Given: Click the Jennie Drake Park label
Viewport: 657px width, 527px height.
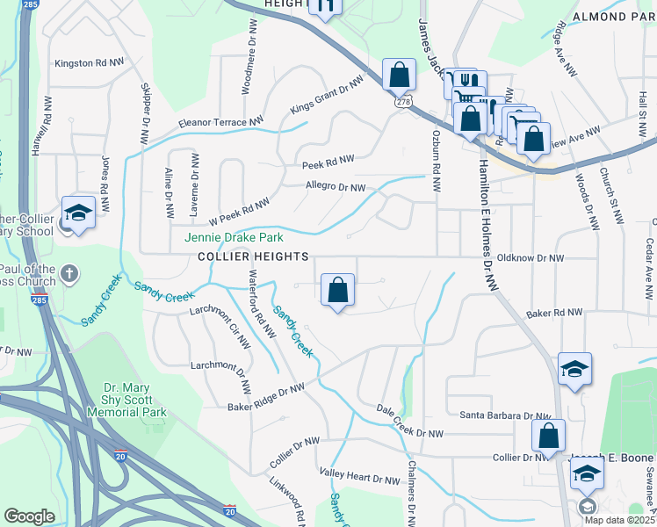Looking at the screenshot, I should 233,237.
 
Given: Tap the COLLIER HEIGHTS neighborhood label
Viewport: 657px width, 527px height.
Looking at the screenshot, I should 253,256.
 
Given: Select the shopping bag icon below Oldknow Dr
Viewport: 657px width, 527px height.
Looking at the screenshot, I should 338,290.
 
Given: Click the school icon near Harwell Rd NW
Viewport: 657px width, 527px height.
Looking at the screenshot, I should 77,213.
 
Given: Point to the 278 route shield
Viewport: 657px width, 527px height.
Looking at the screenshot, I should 403,103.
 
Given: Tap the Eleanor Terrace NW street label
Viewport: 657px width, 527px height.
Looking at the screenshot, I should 220,123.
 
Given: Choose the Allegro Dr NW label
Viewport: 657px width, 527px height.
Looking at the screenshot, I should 335,186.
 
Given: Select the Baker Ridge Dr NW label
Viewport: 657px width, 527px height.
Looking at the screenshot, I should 266,397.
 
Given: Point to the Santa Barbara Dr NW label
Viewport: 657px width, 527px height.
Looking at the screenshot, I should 505,415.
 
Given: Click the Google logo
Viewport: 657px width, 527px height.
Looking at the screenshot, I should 29,516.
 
